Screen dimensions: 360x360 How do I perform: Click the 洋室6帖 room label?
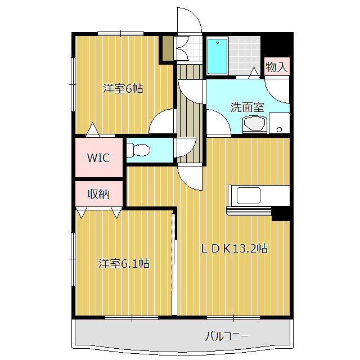pyautogui.click(x=123, y=88)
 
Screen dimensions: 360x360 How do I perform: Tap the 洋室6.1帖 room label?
pyautogui.click(x=124, y=263)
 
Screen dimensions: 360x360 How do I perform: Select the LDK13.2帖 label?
pyautogui.click(x=234, y=248)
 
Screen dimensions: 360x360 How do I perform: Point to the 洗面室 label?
pyautogui.click(x=247, y=107)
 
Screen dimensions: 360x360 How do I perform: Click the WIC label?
pyautogui.click(x=98, y=157)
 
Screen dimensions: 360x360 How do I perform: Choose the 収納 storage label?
pyautogui.click(x=98, y=194)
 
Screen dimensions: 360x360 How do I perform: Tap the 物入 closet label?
pyautogui.click(x=276, y=67)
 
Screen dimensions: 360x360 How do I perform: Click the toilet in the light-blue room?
pyautogui.click(x=138, y=150)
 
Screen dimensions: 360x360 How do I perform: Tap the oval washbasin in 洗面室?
pyautogui.click(x=254, y=124)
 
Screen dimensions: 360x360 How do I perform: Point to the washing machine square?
pyautogui.click(x=279, y=123)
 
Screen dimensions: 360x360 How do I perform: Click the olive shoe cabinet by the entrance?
pyautogui.click(x=167, y=49)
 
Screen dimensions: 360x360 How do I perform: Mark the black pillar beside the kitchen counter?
pyautogui.click(x=280, y=214)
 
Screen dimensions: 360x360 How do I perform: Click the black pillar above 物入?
pyautogui.click(x=277, y=44)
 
